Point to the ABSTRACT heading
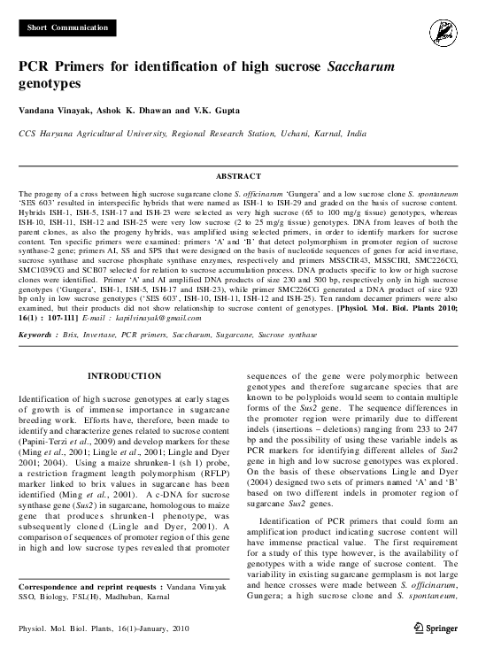(239, 176)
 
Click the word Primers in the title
(92, 67)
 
